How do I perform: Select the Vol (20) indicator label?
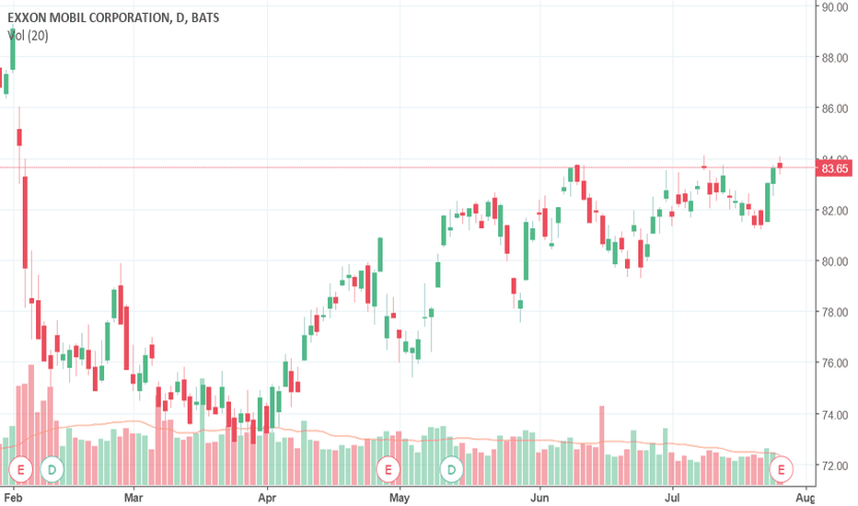click(29, 36)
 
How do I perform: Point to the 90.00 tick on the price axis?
click(835, 6)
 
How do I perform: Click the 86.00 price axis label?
click(835, 109)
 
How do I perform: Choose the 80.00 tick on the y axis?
click(835, 261)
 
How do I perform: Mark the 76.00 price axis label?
click(835, 363)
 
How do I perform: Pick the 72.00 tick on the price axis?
click(835, 466)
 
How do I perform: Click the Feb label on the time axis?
click(13, 496)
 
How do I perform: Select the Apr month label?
click(266, 496)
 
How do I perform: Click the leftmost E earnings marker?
click(22, 469)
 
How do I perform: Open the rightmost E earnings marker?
click(783, 469)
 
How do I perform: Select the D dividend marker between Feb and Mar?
click(53, 469)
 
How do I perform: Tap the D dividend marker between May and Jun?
click(452, 469)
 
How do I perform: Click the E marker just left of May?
click(388, 469)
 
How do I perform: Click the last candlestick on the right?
click(780, 166)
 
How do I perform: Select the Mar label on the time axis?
click(133, 496)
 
